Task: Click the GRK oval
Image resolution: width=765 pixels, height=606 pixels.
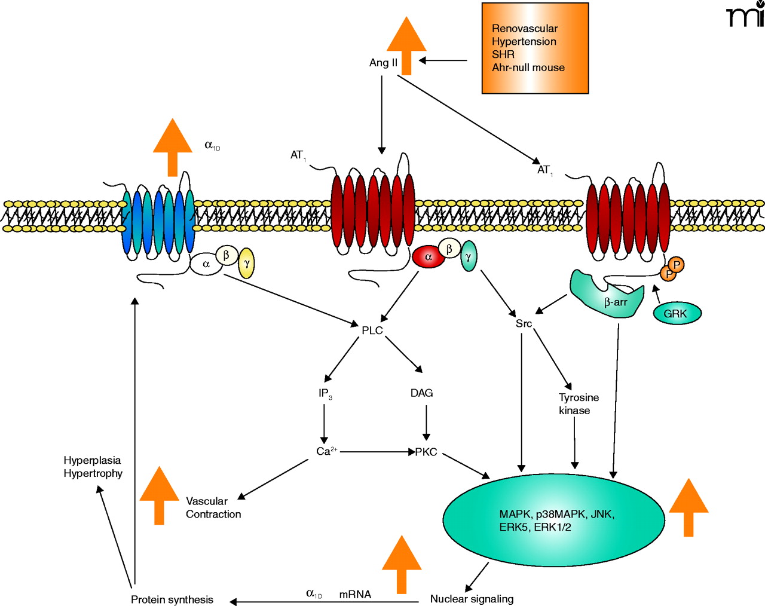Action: (x=677, y=313)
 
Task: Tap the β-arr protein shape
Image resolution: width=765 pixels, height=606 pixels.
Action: (x=610, y=293)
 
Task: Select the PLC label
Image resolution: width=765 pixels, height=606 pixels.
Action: (x=372, y=330)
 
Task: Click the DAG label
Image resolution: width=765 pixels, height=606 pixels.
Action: (x=421, y=393)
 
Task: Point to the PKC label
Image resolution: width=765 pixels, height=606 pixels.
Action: (x=427, y=452)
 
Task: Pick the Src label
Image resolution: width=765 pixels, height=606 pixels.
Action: (x=524, y=324)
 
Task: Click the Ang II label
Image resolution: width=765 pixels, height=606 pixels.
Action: (x=383, y=63)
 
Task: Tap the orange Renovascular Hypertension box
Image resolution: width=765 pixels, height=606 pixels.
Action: (x=535, y=48)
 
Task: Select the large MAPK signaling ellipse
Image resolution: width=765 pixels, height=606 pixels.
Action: (x=553, y=520)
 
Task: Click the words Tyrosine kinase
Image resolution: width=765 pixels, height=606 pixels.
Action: (x=578, y=404)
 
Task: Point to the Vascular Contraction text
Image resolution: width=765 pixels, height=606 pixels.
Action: (x=213, y=507)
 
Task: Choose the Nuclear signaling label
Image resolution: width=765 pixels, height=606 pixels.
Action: (x=472, y=599)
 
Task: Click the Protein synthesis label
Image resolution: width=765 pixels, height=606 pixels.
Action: (x=172, y=599)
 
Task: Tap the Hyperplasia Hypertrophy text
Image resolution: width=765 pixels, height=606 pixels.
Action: (x=93, y=467)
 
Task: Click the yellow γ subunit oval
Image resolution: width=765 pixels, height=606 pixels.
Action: (x=246, y=264)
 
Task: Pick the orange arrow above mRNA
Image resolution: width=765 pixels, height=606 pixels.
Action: (x=401, y=564)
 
